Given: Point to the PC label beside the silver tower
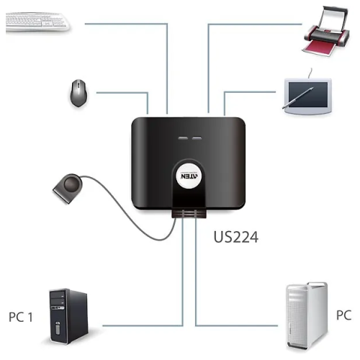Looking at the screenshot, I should pos(344,315).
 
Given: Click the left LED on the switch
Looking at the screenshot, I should pos(179,136).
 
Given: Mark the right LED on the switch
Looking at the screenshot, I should pos(195,136).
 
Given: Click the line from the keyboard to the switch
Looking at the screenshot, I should pos(130,24).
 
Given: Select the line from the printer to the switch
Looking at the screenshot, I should pos(245,24).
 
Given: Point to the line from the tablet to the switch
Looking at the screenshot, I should pos(252,91).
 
